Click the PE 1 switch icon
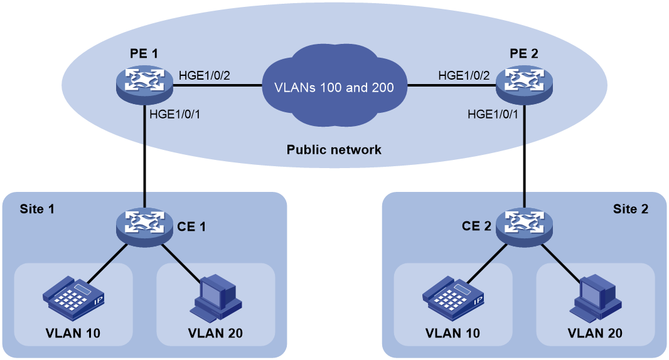click(144, 85)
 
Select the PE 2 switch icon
click(525, 85)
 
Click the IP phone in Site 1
click(74, 298)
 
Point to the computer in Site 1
click(216, 298)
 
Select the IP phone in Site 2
click(454, 298)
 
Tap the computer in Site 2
click(596, 298)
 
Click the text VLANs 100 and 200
click(334, 87)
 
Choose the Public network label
click(334, 150)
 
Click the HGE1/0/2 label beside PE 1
click(205, 75)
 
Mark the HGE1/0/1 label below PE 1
click(175, 114)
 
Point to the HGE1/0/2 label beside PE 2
click(464, 75)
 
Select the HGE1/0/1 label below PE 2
click(493, 114)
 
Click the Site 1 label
click(37, 209)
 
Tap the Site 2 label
click(631, 209)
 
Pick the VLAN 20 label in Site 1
click(215, 333)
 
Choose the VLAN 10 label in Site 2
click(452, 333)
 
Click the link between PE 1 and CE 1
click(144, 156)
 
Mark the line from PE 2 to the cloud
click(451, 85)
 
